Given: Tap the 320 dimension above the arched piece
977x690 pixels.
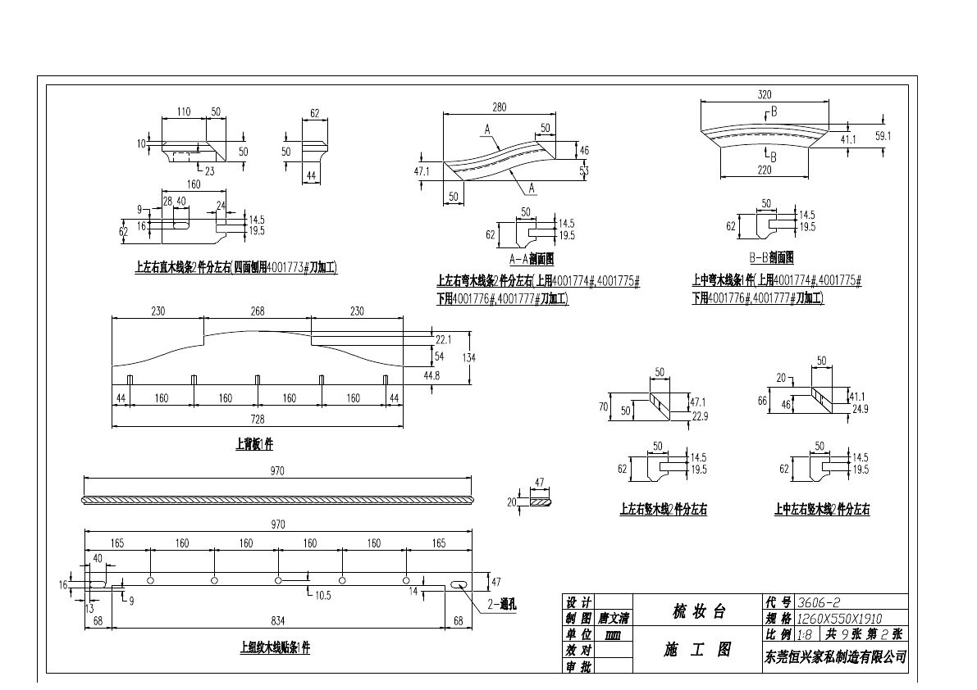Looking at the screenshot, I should point(764,94).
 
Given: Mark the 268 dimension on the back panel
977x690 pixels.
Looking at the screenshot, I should point(258,311).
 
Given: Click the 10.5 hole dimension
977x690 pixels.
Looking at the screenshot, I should point(322,596).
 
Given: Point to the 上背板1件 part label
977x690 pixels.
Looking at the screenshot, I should point(254,445).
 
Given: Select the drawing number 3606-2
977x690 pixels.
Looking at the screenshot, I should point(818,602).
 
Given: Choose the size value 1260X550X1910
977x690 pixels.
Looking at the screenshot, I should point(840,619).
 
